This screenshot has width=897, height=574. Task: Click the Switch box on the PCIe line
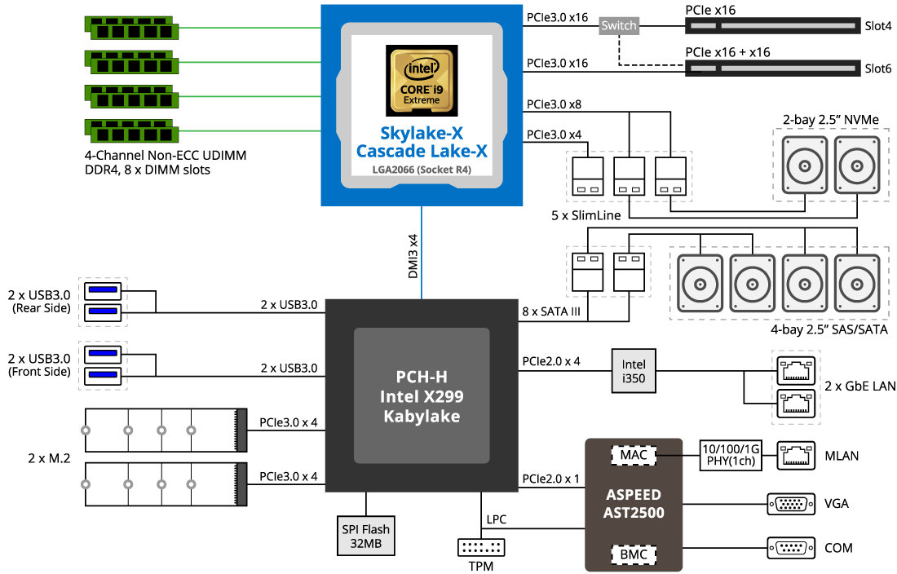(x=619, y=25)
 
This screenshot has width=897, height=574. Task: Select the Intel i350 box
(x=634, y=371)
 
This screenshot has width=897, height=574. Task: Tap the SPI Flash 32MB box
(x=365, y=535)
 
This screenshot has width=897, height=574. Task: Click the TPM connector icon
(x=482, y=548)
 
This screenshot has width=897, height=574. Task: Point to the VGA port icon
(x=790, y=503)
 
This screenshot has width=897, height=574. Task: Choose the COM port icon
(x=790, y=547)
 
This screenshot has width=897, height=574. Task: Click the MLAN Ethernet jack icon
(x=797, y=455)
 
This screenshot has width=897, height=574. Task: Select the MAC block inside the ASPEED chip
(x=634, y=454)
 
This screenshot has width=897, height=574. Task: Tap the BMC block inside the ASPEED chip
(x=634, y=555)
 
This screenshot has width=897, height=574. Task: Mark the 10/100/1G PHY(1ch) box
(x=732, y=455)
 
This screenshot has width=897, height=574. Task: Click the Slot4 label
(x=877, y=26)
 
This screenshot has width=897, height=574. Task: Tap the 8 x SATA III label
(x=550, y=311)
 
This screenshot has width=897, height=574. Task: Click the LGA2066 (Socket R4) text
(x=421, y=170)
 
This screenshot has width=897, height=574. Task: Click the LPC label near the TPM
(x=496, y=519)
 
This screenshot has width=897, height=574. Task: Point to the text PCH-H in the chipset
(x=422, y=378)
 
